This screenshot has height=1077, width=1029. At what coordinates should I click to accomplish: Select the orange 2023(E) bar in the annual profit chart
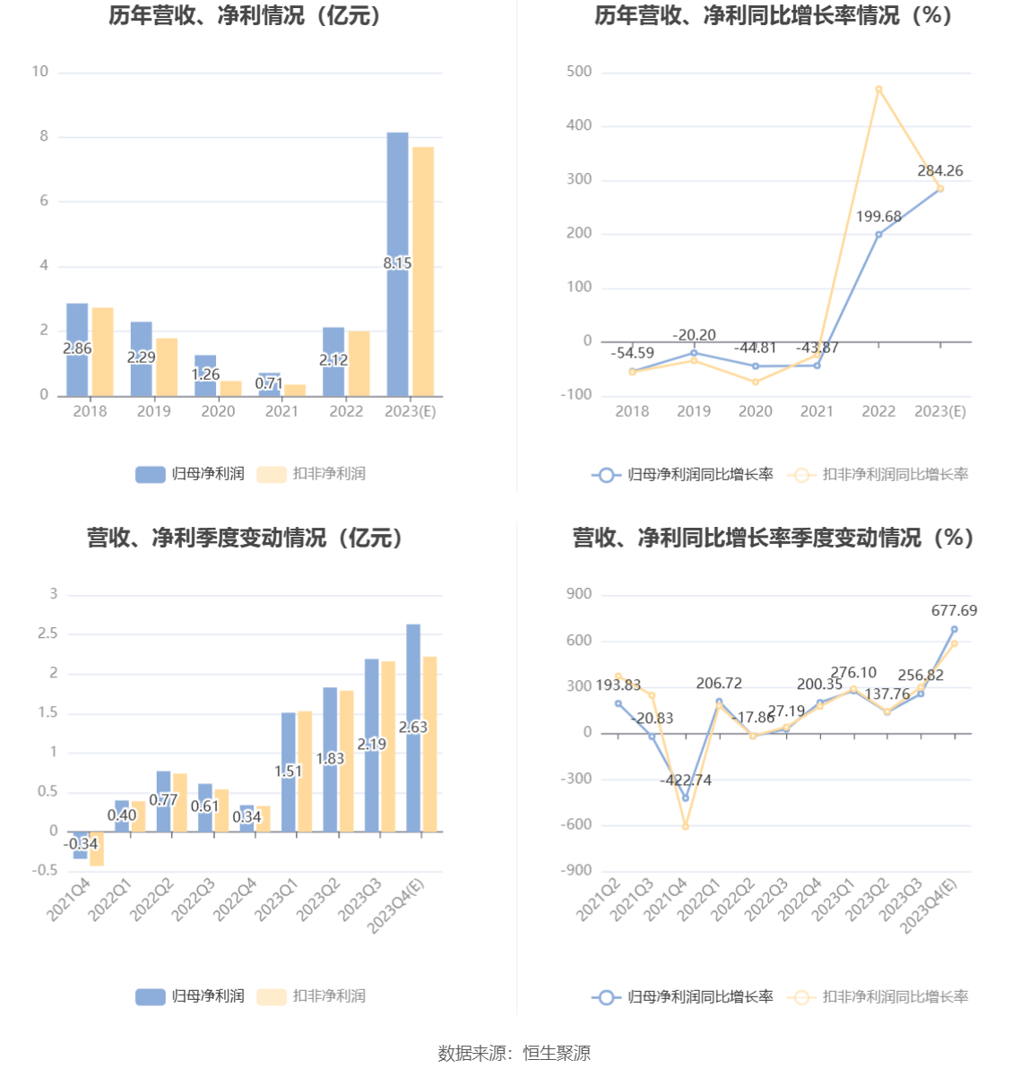pos(423,271)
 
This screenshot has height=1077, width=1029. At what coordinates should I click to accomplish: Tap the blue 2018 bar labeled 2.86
pos(77,349)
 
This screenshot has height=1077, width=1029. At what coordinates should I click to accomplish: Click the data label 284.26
pos(940,170)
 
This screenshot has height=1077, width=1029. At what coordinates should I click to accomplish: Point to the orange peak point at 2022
pos(878,89)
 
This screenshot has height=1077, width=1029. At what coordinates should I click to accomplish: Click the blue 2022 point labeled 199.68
pos(878,235)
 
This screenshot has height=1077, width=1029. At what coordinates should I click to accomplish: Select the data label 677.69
pos(954,610)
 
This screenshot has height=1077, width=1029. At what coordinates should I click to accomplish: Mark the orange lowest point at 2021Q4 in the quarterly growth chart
pos(686,826)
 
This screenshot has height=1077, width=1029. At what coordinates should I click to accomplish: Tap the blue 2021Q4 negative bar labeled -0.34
pos(81,845)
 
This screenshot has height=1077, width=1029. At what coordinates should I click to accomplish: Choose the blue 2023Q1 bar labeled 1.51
pos(289,771)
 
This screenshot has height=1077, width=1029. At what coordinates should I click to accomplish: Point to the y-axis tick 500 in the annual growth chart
pos(579,72)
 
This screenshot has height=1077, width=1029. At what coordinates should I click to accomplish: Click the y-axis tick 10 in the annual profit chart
pos(40,72)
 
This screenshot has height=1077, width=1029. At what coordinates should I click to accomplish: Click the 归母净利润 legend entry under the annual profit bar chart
pos(190,474)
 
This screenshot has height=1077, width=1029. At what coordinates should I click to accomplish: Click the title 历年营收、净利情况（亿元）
pos(246,16)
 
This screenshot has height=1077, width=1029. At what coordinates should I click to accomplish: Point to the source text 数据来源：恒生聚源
pos(514,1053)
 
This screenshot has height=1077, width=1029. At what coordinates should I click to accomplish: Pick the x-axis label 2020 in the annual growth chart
pos(756,411)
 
